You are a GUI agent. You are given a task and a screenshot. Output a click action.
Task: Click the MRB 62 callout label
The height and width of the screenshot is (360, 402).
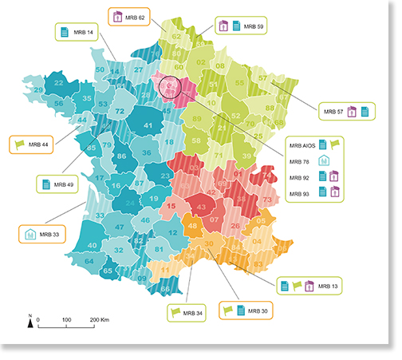(136, 16)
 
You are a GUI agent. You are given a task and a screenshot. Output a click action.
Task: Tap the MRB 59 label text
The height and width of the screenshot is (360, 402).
(254, 26)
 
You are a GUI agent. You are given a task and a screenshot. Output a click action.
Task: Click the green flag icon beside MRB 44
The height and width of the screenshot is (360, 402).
(20, 144)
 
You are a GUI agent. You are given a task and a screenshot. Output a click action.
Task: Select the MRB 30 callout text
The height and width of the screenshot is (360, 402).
(258, 310)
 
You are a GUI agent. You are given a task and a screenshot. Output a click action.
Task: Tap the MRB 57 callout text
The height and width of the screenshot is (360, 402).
(330, 112)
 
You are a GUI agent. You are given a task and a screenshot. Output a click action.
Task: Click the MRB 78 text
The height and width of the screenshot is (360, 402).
(301, 161)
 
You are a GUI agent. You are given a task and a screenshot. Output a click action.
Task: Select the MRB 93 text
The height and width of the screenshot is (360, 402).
(301, 192)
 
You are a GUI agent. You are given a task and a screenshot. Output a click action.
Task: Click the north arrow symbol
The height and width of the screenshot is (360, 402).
(30, 322)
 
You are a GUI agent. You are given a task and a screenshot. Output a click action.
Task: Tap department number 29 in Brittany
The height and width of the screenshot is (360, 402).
(38, 90)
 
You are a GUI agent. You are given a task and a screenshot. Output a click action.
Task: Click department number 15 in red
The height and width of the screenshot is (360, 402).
(171, 207)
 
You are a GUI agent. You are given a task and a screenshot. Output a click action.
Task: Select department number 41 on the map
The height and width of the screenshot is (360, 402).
(148, 125)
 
